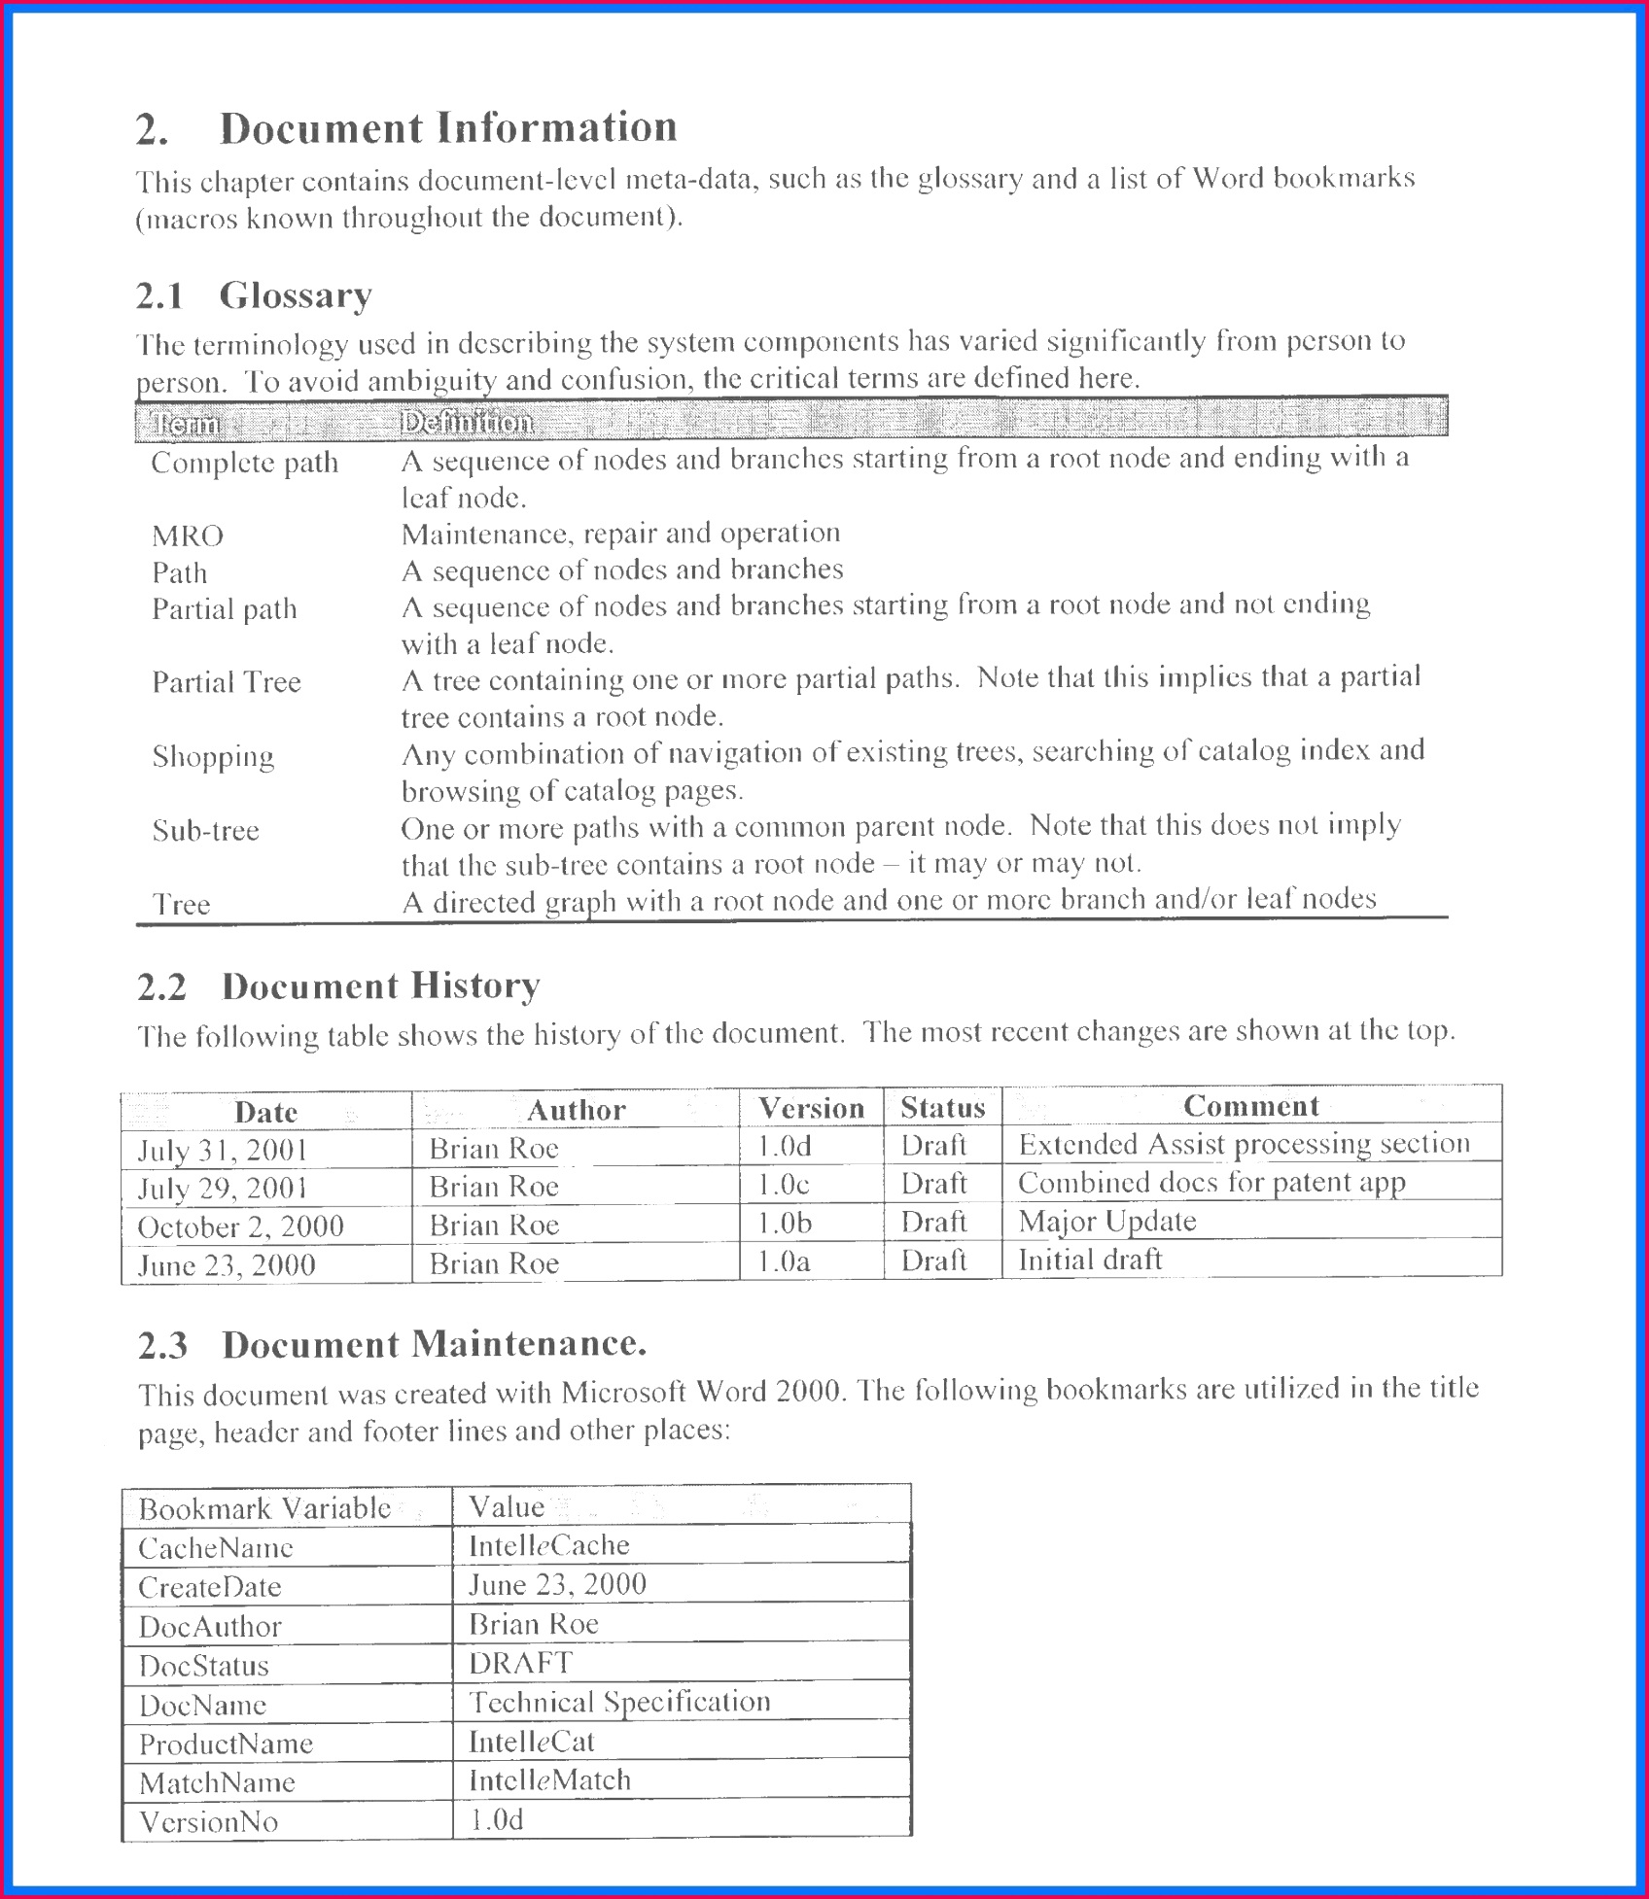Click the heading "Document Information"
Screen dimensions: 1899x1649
tap(447, 128)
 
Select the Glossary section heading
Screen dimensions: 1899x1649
tap(295, 295)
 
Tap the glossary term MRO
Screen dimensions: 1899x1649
tap(188, 535)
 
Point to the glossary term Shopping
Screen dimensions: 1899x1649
tap(213, 756)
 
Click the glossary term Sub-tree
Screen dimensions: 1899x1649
tap(205, 831)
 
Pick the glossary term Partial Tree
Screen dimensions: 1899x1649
tap(227, 682)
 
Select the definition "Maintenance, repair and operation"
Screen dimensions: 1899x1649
tap(620, 534)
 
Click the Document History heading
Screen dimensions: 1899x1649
tap(380, 986)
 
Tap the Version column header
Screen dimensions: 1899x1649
tap(811, 1108)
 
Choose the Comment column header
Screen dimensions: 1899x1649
tap(1250, 1106)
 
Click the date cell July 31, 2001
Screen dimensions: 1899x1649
tap(223, 1151)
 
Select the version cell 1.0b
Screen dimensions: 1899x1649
tap(784, 1224)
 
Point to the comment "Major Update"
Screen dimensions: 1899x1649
tap(1106, 1222)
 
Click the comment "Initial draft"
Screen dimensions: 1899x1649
tap(1089, 1260)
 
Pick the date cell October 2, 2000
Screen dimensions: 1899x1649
tap(240, 1227)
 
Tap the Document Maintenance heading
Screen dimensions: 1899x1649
tap(434, 1345)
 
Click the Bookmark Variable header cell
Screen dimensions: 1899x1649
tap(264, 1509)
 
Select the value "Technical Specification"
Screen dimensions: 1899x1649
tap(619, 1702)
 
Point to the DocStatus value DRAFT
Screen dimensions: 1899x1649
tap(520, 1663)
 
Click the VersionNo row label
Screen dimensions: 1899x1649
tap(208, 1821)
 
